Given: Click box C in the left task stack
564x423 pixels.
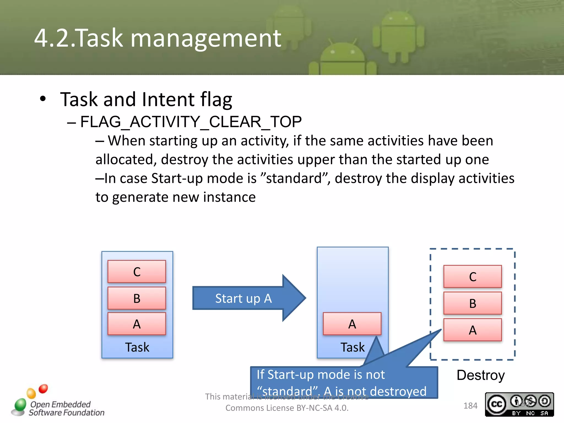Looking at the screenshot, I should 137,272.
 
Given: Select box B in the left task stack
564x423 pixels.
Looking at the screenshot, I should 137,298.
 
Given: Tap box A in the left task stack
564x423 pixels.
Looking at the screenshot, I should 137,324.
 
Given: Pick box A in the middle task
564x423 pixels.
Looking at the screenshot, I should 352,324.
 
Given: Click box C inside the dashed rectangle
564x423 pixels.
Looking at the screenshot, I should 473,276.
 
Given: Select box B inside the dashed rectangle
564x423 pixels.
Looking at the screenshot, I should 473,303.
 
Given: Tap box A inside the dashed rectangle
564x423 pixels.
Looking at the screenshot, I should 473,330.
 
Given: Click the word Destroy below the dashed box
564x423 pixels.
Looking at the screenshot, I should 481,375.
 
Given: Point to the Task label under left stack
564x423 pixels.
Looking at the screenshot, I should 137,347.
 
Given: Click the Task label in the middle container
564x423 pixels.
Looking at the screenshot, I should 352,347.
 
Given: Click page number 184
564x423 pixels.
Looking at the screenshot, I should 470,406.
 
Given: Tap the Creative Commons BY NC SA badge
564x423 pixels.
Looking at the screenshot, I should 519,404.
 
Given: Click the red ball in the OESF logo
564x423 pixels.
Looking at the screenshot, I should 43,389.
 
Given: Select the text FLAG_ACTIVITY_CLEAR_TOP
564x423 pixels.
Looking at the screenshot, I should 191,122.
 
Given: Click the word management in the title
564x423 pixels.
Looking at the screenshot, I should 206,39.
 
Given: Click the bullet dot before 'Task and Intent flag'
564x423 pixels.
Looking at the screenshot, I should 43,99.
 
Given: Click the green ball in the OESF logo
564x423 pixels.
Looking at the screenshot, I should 20,405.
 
